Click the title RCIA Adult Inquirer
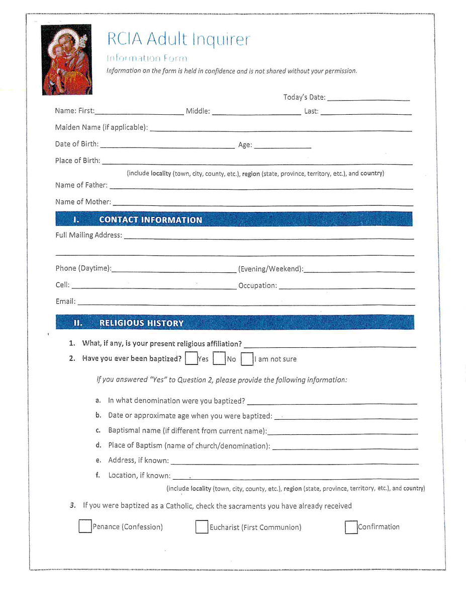click(178, 39)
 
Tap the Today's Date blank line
click(368, 98)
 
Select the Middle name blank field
click(256, 112)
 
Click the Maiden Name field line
click(281, 128)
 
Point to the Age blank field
click(283, 145)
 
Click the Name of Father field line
click(261, 186)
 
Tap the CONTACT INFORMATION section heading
click(150, 220)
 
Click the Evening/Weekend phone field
click(359, 269)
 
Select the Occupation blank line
click(346, 286)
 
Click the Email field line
click(246, 302)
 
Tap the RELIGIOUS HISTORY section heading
click(141, 323)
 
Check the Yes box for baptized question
click(191, 359)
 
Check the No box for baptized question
click(219, 359)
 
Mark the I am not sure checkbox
click(246, 359)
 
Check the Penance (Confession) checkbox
click(85, 526)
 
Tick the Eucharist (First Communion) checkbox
click(202, 527)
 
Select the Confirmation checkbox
click(351, 527)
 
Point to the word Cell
click(62, 285)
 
